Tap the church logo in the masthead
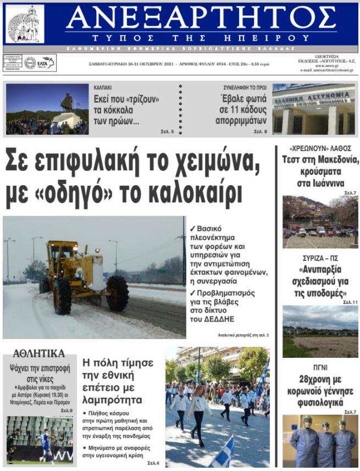pyautogui.click(x=25, y=24)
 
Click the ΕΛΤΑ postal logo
pyautogui.click(x=40, y=63)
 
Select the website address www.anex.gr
pyautogui.click(x=326, y=65)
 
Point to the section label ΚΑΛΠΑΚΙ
pyautogui.click(x=103, y=87)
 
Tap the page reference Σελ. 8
pyautogui.click(x=261, y=132)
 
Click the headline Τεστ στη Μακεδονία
pyautogui.click(x=316, y=160)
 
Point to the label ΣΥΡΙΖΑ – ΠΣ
pyautogui.click(x=317, y=258)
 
